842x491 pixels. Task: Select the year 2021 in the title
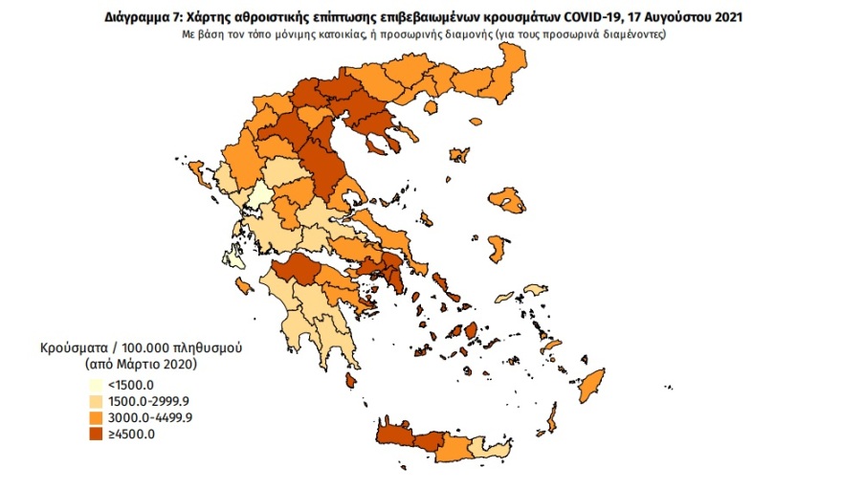click(x=728, y=17)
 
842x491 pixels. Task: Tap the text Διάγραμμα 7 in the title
click(x=137, y=17)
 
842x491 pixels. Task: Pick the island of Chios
click(x=497, y=248)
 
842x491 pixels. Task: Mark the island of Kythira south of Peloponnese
click(x=351, y=381)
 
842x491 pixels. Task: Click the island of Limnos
click(x=459, y=155)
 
